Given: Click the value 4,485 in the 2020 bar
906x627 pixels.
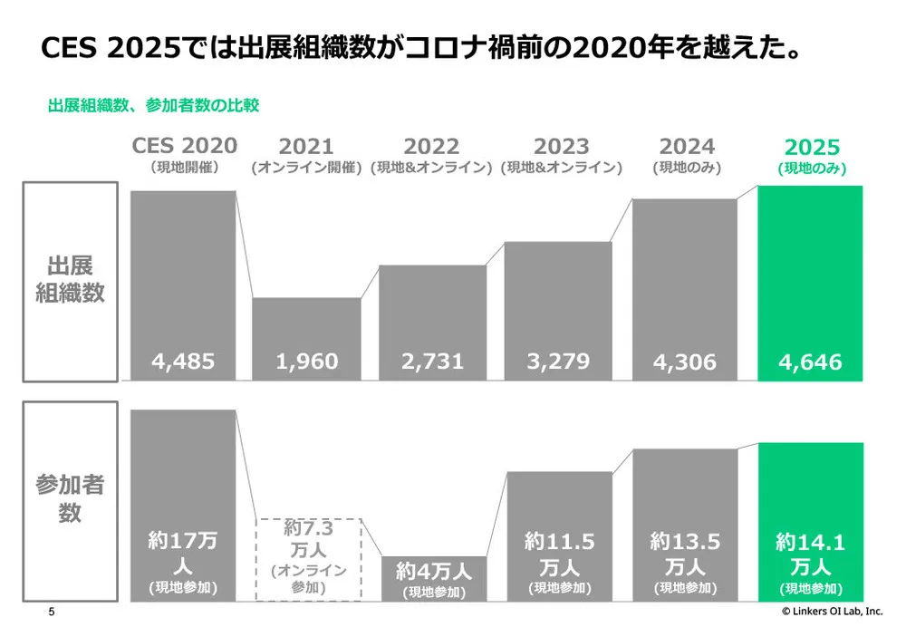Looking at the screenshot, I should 184,362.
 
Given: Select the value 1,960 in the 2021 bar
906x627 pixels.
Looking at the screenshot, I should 307,362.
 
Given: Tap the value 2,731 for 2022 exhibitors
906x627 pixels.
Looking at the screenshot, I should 432,362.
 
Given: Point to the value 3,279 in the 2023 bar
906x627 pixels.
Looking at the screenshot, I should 558,362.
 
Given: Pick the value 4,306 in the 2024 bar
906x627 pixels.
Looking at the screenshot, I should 685,362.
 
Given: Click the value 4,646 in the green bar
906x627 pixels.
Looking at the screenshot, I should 810,362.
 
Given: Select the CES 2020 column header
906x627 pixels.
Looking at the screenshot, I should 185,146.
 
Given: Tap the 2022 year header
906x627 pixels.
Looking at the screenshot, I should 432,147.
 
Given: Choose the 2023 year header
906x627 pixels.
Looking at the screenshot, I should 561,147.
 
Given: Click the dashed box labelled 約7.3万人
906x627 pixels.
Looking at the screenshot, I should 309,558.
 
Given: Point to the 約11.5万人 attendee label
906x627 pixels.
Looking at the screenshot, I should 559,555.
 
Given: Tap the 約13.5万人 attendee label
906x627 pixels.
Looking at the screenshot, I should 685,555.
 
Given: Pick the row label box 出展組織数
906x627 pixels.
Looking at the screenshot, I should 71,281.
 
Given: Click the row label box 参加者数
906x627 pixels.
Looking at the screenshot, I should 71,499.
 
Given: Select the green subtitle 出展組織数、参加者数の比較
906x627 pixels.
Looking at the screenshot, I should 153,105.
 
